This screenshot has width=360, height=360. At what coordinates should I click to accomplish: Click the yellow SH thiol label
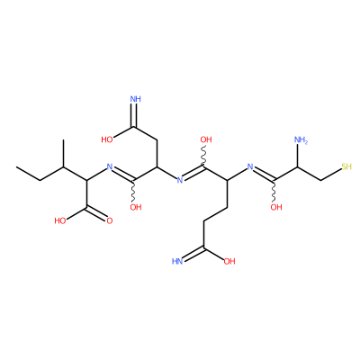pyautogui.click(x=346, y=166)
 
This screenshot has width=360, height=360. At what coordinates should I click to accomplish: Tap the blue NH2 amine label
pyautogui.click(x=301, y=139)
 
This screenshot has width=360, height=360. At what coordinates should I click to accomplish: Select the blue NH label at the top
pyautogui.click(x=136, y=99)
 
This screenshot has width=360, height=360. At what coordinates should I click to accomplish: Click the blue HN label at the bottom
pyautogui.click(x=177, y=261)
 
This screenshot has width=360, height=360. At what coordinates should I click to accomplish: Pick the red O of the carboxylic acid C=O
pyautogui.click(x=110, y=221)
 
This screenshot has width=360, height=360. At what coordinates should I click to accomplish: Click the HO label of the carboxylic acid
pyautogui.click(x=60, y=221)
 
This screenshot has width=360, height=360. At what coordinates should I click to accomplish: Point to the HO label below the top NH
pyautogui.click(x=107, y=139)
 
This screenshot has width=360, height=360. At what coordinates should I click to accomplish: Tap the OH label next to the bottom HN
pyautogui.click(x=229, y=261)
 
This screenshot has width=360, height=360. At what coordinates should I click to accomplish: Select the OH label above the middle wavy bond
pyautogui.click(x=206, y=139)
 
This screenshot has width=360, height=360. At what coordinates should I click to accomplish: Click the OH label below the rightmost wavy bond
pyautogui.click(x=276, y=207)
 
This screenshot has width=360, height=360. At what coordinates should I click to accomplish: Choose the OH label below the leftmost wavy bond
pyautogui.click(x=136, y=207)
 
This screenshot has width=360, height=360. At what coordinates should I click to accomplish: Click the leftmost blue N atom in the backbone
pyautogui.click(x=110, y=166)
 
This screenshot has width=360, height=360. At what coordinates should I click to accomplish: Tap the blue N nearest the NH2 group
pyautogui.click(x=250, y=166)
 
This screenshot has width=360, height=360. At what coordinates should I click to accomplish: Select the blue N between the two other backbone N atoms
pyautogui.click(x=180, y=180)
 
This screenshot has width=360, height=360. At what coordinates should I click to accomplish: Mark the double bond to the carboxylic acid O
pyautogui.click(x=96, y=212)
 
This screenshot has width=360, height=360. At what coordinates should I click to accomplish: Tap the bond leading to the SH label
pyautogui.click(x=331, y=175)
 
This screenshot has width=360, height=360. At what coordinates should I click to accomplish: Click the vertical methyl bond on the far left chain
pyautogui.click(x=63, y=153)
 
